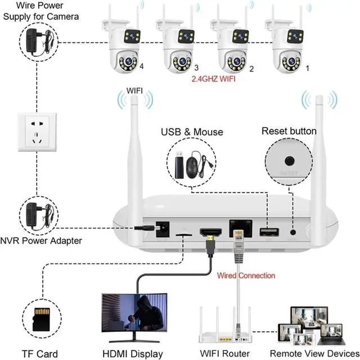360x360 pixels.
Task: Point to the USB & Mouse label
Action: click(x=192, y=132)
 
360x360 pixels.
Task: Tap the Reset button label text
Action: click(x=289, y=131)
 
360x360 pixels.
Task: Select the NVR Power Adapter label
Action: click(x=41, y=241)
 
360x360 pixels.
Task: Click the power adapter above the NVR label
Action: click(x=35, y=215)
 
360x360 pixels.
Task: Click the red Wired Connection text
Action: click(x=246, y=276)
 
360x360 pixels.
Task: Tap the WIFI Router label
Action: click(x=224, y=354)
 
